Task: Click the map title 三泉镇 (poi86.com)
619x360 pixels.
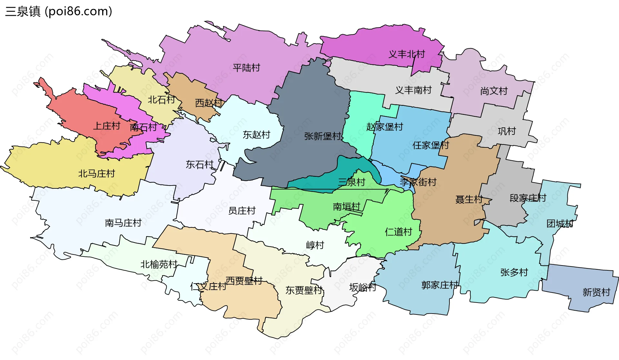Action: click(x=59, y=11)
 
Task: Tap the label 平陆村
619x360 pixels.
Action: click(x=246, y=68)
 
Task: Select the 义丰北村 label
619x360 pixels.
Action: click(x=407, y=54)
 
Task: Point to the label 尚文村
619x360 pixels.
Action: click(x=494, y=91)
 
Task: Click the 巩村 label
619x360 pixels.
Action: click(x=506, y=131)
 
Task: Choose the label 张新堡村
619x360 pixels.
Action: click(x=323, y=136)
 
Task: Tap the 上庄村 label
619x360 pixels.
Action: click(x=107, y=126)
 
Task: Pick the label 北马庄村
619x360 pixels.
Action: click(x=96, y=174)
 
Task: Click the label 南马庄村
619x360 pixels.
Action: click(x=123, y=223)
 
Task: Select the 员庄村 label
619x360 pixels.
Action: click(x=242, y=211)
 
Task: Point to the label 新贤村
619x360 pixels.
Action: click(x=596, y=292)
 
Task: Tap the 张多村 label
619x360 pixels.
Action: click(x=514, y=272)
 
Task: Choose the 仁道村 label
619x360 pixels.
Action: click(x=398, y=232)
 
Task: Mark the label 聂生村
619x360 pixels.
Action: click(x=469, y=199)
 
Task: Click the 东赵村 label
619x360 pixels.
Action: click(x=256, y=135)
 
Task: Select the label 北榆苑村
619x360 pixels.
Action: click(x=159, y=265)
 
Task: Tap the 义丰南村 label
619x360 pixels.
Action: click(x=413, y=90)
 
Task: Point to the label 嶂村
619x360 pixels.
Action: click(x=315, y=245)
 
